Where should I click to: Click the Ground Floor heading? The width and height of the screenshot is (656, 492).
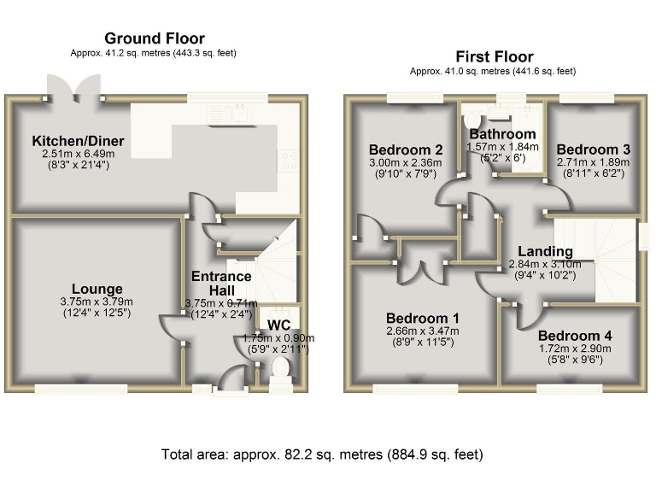(154, 38)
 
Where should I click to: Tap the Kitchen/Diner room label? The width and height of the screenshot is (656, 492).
(78, 141)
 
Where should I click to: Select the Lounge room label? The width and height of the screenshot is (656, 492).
(97, 289)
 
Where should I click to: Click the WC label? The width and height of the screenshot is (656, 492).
(279, 325)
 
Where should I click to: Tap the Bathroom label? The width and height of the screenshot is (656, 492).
(502, 134)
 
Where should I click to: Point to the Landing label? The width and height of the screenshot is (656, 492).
(546, 251)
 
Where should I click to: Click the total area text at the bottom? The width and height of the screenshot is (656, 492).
(322, 454)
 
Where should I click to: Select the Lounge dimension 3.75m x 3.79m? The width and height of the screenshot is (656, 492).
(97, 302)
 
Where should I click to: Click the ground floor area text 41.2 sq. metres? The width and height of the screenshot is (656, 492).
(154, 53)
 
